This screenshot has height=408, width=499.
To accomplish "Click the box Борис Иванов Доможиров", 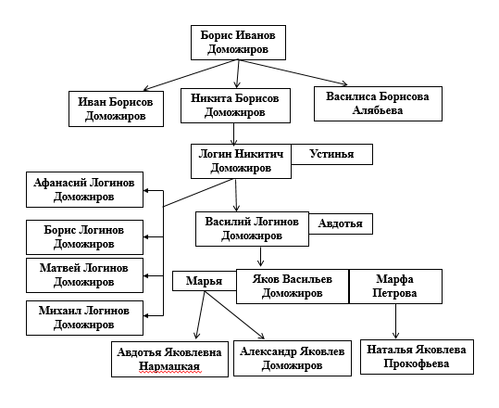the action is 238,43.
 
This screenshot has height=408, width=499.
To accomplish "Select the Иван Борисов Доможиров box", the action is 116,108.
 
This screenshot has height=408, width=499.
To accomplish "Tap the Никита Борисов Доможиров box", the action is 235,106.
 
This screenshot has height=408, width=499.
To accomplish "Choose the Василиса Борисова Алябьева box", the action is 378,104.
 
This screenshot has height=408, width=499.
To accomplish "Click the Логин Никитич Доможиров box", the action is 241,161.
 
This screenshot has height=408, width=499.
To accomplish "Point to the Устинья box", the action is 332,154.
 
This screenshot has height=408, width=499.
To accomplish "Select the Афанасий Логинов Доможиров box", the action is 84,190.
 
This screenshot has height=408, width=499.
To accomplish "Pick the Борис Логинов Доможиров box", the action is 84,237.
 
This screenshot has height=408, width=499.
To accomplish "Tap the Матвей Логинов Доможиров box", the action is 84,275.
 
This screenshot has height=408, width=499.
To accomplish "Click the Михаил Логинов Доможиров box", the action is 84,318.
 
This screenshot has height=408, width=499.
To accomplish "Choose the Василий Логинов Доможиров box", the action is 252,229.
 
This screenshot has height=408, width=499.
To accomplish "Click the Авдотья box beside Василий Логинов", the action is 341,223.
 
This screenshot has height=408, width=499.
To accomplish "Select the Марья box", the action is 205,281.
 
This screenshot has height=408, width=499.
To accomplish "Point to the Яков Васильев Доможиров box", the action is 293,287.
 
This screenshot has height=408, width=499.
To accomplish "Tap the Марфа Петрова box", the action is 395,287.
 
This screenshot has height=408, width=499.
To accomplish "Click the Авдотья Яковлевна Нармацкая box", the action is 169,359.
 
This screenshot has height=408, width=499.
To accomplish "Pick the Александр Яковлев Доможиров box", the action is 293,358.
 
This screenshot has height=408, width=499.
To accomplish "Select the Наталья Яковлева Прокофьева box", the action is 417,357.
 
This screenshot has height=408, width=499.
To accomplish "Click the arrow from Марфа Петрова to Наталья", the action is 395,321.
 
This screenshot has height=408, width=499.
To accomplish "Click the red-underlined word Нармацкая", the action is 169,366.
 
